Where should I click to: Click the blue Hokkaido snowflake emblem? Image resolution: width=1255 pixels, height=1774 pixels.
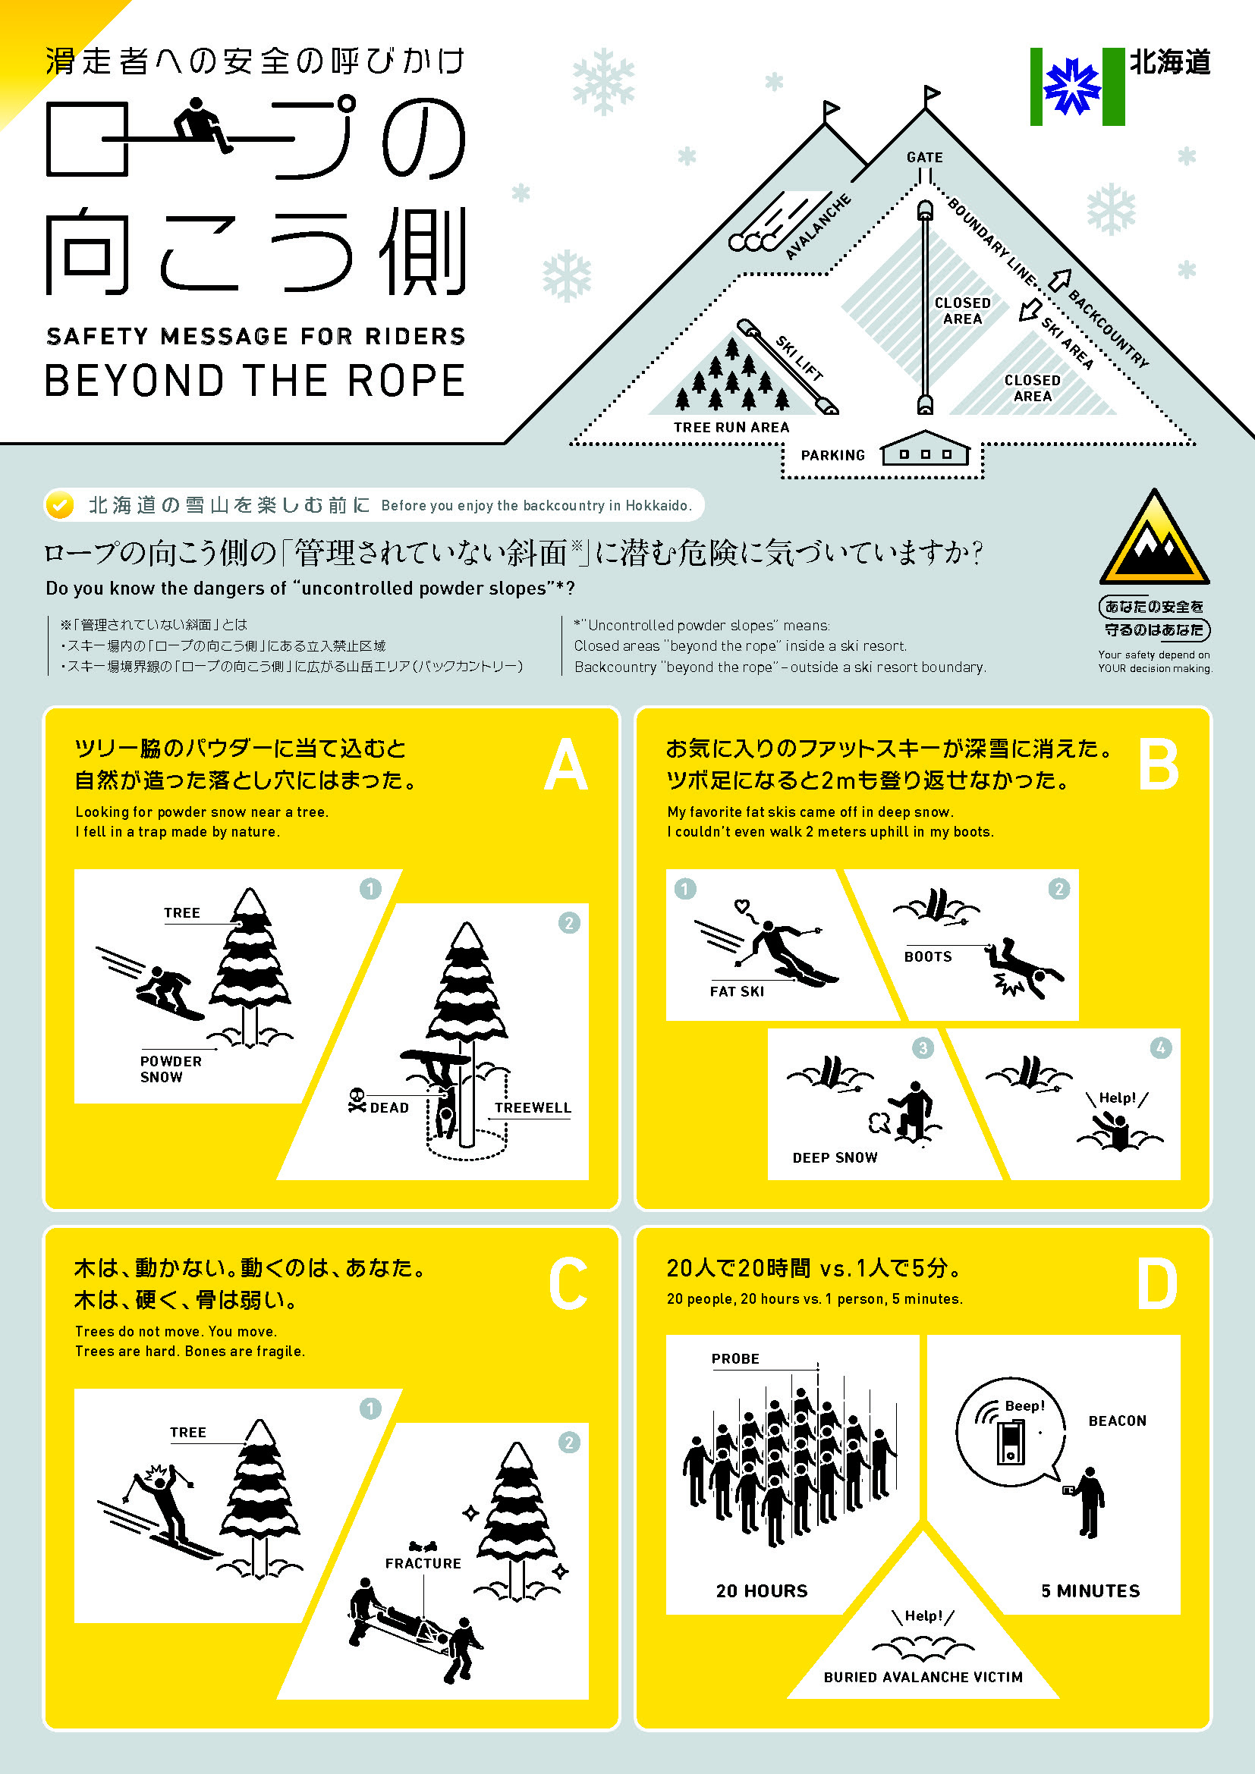click(x=1071, y=86)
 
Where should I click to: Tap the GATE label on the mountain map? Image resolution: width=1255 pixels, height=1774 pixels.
click(x=924, y=157)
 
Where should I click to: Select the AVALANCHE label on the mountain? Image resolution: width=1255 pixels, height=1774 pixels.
click(x=819, y=226)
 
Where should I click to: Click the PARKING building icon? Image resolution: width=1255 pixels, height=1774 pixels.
click(x=924, y=451)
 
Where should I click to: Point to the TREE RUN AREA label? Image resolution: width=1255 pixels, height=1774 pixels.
click(x=731, y=427)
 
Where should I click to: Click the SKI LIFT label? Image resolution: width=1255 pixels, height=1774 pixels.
click(x=799, y=357)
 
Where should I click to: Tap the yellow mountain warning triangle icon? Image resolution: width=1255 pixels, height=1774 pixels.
click(x=1154, y=540)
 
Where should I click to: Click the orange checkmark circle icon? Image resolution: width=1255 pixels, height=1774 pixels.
click(x=60, y=505)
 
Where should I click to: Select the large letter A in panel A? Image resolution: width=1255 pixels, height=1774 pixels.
click(x=566, y=765)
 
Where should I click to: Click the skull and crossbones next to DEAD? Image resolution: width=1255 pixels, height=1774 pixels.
click(x=357, y=1101)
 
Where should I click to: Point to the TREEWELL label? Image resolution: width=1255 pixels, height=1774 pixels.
click(x=533, y=1107)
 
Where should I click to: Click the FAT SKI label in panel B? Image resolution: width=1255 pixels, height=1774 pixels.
click(x=737, y=991)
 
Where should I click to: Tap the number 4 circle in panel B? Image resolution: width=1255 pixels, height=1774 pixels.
click(x=1160, y=1047)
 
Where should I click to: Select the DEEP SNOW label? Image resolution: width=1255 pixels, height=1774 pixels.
click(x=835, y=1157)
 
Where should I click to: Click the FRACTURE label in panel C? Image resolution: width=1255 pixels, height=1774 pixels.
click(x=423, y=1563)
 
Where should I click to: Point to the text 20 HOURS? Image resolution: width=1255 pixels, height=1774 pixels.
click(x=761, y=1591)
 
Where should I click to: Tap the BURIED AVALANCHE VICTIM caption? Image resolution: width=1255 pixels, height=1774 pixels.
click(x=923, y=1677)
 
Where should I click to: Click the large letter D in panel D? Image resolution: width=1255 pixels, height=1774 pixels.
click(x=1157, y=1284)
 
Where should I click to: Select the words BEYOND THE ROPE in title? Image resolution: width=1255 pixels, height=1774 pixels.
click(x=255, y=381)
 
